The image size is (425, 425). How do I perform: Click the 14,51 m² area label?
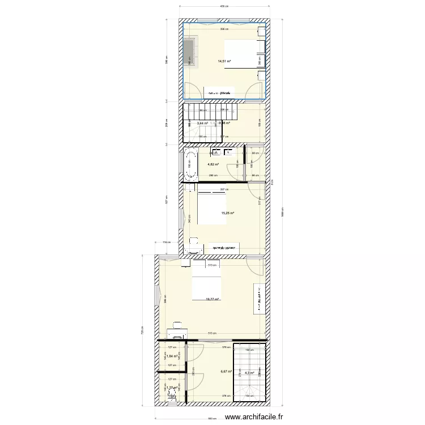click(224, 61)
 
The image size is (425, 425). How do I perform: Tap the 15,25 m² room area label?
click(228, 214)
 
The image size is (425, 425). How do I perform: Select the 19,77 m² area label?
click(212, 300)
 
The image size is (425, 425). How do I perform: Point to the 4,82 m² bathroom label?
click(213, 164)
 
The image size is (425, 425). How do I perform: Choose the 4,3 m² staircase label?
click(249, 372)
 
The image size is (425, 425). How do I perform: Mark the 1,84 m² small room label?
click(165, 356)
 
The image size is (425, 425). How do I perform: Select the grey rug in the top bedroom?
click(188, 52)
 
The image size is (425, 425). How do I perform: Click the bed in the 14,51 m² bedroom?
click(244, 54)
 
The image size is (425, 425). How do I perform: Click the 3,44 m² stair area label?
click(202, 123)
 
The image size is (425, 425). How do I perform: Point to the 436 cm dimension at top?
click(224, 6)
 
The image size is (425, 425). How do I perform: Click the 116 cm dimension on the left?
click(166, 243)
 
